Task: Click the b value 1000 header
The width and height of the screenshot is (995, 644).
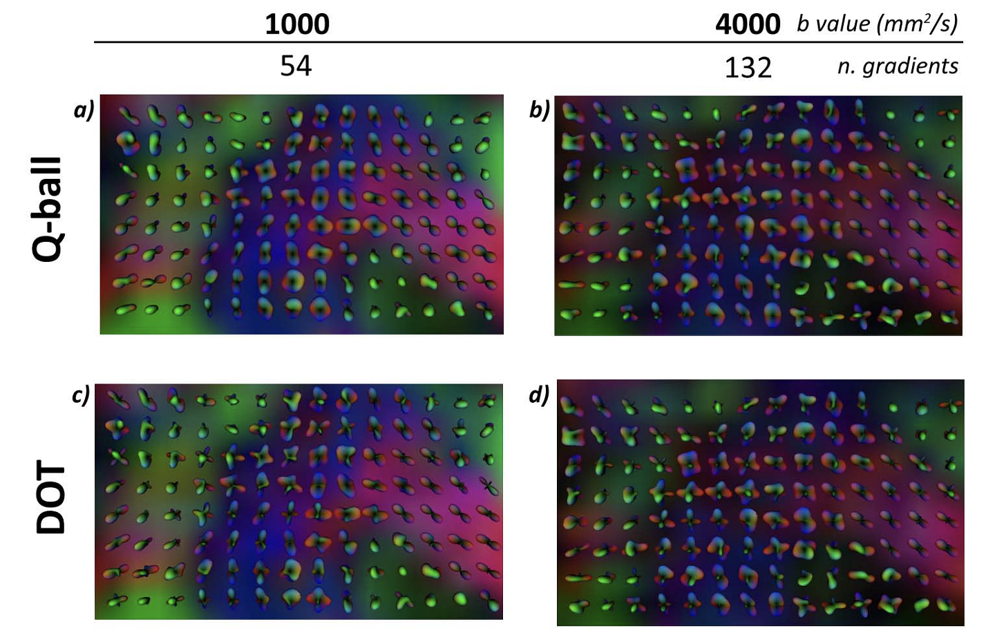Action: pos(297,24)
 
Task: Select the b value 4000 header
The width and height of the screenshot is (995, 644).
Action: pos(748,24)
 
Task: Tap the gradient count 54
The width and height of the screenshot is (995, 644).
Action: pos(296,66)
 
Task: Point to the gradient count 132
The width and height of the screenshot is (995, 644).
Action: pos(748,68)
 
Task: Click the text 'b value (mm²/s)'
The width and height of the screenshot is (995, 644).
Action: pos(877,23)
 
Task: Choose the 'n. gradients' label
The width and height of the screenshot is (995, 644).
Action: pos(898,66)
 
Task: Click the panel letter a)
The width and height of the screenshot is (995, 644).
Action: pos(84,110)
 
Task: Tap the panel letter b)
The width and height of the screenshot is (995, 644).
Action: pos(539,110)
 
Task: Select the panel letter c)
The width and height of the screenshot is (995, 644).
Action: pos(81,395)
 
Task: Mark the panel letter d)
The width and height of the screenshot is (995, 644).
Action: pos(539,395)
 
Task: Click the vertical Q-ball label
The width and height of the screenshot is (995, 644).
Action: pos(48,209)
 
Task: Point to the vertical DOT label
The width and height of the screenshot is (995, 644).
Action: pos(50,498)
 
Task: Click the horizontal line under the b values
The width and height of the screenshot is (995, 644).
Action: pos(528,42)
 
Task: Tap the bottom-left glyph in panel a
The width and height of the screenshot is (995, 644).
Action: pos(125,310)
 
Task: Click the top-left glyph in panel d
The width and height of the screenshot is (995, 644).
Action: pos(571,405)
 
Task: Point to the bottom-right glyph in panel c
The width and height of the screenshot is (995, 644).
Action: pos(489,601)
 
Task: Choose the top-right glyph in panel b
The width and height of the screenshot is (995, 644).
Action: pos(951,113)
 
